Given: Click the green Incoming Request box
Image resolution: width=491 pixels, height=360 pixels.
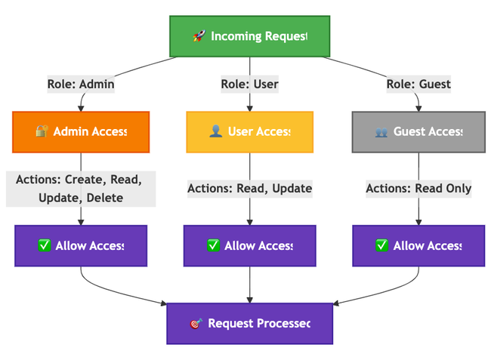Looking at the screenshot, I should click(x=249, y=36).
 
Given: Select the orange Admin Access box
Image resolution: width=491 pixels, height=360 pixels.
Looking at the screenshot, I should click(x=81, y=132).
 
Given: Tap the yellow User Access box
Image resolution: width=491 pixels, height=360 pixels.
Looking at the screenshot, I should click(x=249, y=132).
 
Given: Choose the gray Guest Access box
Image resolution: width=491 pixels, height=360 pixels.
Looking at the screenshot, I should click(x=418, y=132).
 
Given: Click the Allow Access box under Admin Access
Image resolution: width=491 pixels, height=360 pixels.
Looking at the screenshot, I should click(x=81, y=245).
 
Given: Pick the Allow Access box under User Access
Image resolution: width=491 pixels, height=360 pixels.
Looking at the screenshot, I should click(x=249, y=245).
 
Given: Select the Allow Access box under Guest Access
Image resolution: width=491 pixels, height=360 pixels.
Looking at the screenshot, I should click(x=418, y=245).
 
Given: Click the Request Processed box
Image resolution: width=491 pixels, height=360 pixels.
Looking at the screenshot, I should click(x=249, y=323).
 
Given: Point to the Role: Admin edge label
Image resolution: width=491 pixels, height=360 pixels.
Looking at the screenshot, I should click(x=81, y=84).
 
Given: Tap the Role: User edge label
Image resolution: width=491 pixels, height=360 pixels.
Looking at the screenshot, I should click(x=249, y=84).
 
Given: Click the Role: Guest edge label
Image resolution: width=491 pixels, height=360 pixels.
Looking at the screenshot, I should click(x=418, y=84).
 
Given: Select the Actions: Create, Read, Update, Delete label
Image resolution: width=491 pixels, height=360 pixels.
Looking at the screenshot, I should click(x=81, y=189).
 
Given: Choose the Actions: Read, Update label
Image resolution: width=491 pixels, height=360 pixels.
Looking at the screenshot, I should click(x=249, y=189).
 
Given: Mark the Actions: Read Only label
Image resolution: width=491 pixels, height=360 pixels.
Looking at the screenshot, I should click(x=418, y=189).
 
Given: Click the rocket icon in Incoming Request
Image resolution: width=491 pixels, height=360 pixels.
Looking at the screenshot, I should click(x=199, y=36).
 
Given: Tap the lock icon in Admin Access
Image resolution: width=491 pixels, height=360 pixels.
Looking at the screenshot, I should click(x=42, y=132).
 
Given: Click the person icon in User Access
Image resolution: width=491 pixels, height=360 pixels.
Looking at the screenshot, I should click(x=215, y=132).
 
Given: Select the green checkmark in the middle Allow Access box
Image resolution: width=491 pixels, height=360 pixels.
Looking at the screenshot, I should click(x=214, y=245).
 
